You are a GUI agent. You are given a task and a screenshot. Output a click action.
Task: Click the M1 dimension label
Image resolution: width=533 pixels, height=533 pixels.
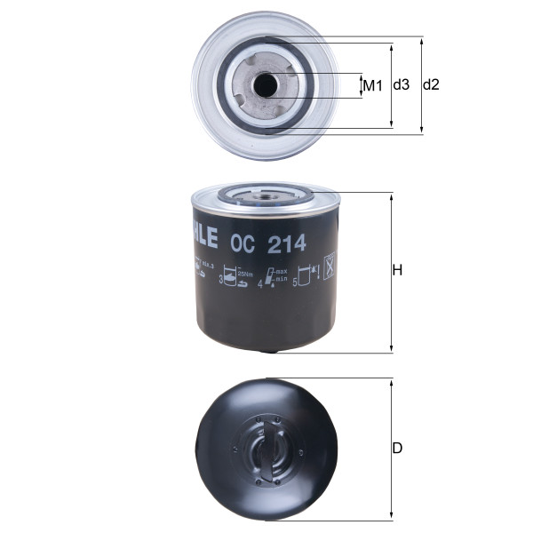[372, 85]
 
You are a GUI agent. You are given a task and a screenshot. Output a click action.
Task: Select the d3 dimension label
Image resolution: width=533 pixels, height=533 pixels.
[401, 84]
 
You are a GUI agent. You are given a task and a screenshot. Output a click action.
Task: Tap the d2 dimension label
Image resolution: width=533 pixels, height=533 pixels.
[431, 84]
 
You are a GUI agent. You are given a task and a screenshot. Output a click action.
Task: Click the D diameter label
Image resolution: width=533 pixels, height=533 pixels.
[398, 449]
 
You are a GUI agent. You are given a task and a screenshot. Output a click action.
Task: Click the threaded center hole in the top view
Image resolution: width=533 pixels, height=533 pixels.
[265, 85]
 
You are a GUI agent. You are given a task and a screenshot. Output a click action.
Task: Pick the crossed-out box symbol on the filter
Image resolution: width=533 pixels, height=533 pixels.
[327, 266]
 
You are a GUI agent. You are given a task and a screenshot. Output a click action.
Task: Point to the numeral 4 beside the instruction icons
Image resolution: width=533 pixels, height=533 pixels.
[260, 285]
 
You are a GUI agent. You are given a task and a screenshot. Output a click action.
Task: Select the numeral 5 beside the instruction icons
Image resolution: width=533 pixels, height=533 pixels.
[296, 283]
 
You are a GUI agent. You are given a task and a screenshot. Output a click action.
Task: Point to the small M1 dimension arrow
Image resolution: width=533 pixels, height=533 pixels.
[362, 85]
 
